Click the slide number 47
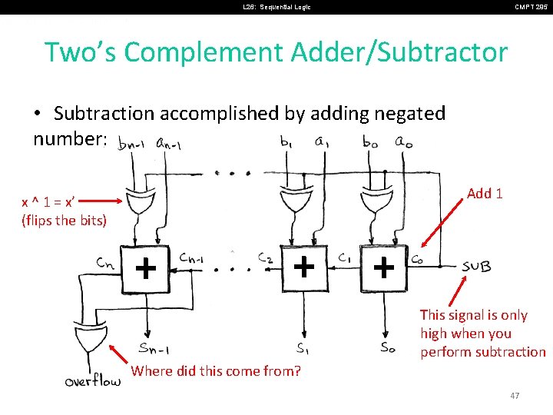click(515, 395)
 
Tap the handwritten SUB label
click(476, 267)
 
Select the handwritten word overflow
click(93, 380)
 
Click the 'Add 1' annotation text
click(485, 193)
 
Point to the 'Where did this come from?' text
click(216, 371)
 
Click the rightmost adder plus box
click(382, 268)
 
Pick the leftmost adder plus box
click(145, 268)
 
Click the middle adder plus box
click(304, 267)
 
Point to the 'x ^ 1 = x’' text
click(48, 201)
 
